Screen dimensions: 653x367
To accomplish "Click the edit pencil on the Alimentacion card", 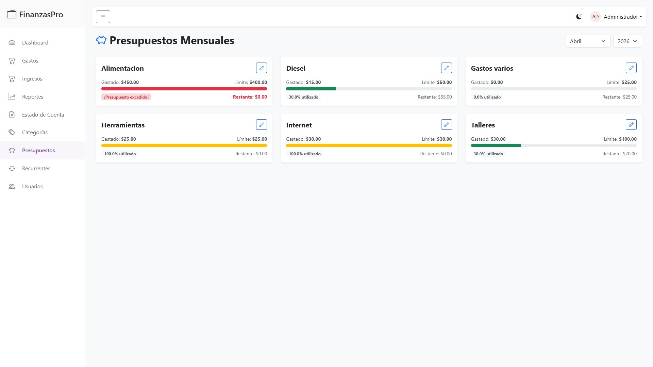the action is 262,68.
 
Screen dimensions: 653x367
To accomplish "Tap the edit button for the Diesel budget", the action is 446,68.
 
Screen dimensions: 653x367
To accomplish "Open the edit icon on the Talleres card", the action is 631,125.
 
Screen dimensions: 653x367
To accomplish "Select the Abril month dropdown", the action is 588,41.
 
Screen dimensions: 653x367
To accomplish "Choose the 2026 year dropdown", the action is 627,41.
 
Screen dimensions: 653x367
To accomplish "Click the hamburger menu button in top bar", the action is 103,17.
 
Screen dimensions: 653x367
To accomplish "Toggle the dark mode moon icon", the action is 579,17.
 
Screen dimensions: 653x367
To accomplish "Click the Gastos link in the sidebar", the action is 30,61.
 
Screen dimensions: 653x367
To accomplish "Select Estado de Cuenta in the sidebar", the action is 43,115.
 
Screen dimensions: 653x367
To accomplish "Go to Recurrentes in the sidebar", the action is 36,169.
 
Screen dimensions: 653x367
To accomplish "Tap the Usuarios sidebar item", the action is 32,187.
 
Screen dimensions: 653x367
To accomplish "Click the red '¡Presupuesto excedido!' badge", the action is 126,97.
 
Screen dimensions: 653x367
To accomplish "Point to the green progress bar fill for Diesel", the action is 311,89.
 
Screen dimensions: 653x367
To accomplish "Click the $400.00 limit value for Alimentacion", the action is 258,82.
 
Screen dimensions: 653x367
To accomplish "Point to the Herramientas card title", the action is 123,125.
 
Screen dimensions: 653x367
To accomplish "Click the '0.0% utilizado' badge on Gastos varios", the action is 487,97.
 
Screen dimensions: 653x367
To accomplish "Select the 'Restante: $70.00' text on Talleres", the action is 619,154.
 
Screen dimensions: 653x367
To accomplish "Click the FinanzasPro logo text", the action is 41,15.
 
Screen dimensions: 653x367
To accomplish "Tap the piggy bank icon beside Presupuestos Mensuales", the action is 101,40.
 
